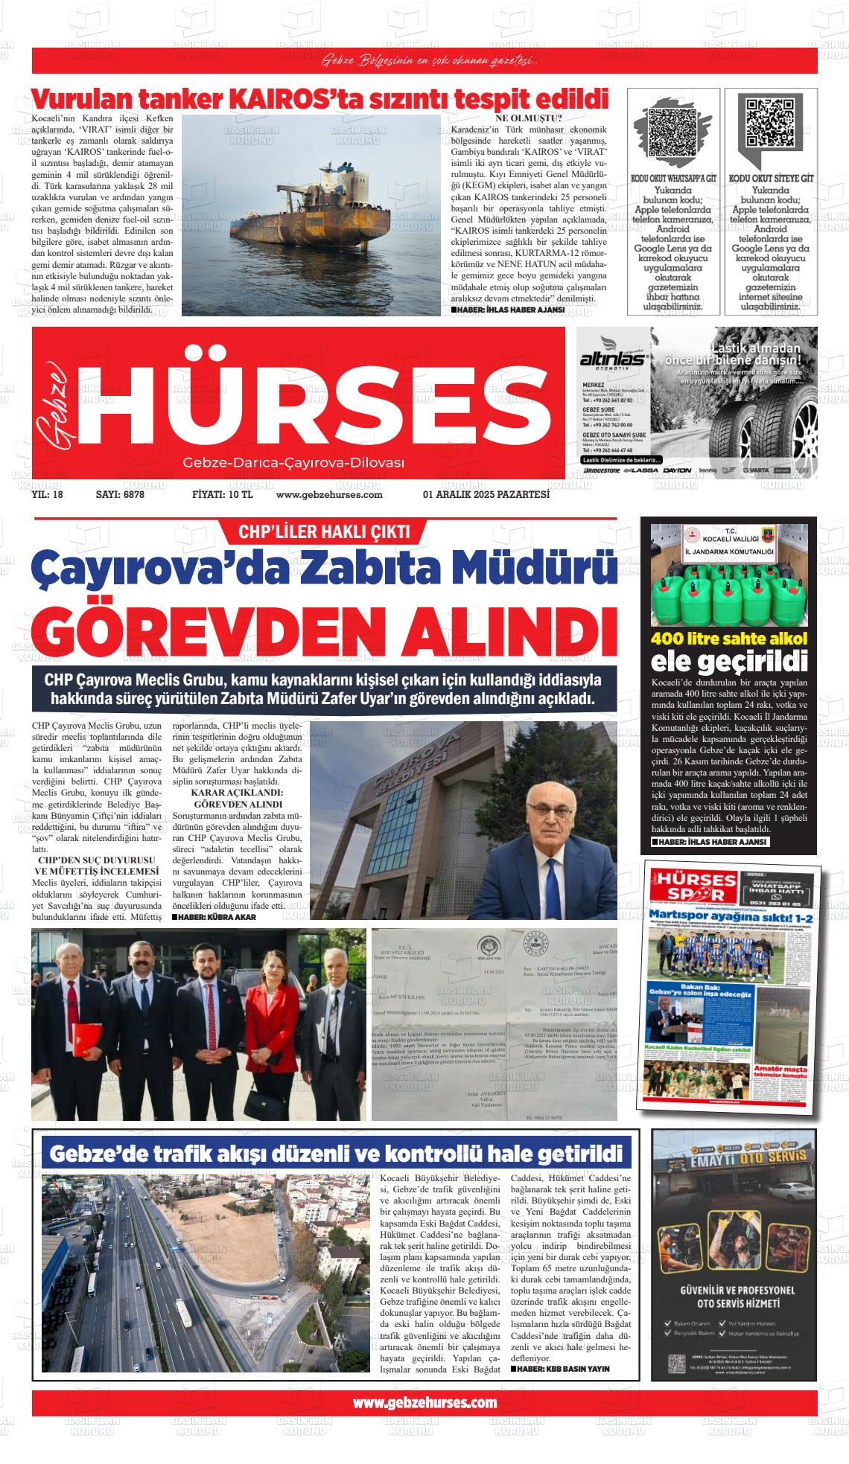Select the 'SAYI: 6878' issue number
120,494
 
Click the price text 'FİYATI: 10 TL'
222,494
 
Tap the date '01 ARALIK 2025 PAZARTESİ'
486,494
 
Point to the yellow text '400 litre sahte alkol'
729,639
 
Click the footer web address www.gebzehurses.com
424,1402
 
